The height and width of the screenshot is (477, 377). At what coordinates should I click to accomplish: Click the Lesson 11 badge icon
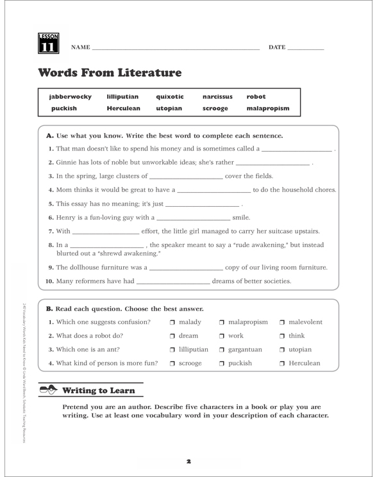pos(49,43)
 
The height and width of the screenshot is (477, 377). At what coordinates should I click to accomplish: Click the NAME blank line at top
pos(176,49)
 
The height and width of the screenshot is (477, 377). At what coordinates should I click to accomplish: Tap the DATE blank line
pos(306,49)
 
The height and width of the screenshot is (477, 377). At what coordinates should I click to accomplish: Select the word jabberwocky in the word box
pos(70,97)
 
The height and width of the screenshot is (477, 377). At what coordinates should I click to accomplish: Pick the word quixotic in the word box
pos(170,97)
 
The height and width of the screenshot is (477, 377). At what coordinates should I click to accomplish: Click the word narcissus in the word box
pos(217,97)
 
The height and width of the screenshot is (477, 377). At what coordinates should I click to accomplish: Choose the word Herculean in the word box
pos(123,109)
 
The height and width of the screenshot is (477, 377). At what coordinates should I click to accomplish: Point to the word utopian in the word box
pos(169,109)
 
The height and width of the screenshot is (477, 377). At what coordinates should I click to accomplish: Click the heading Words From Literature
pos(110,73)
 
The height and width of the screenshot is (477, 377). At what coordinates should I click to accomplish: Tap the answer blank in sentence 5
pos(202,206)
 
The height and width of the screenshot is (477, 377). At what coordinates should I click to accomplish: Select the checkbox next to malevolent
pos(283,322)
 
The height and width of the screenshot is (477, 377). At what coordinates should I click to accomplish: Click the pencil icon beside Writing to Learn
pos(47,389)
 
